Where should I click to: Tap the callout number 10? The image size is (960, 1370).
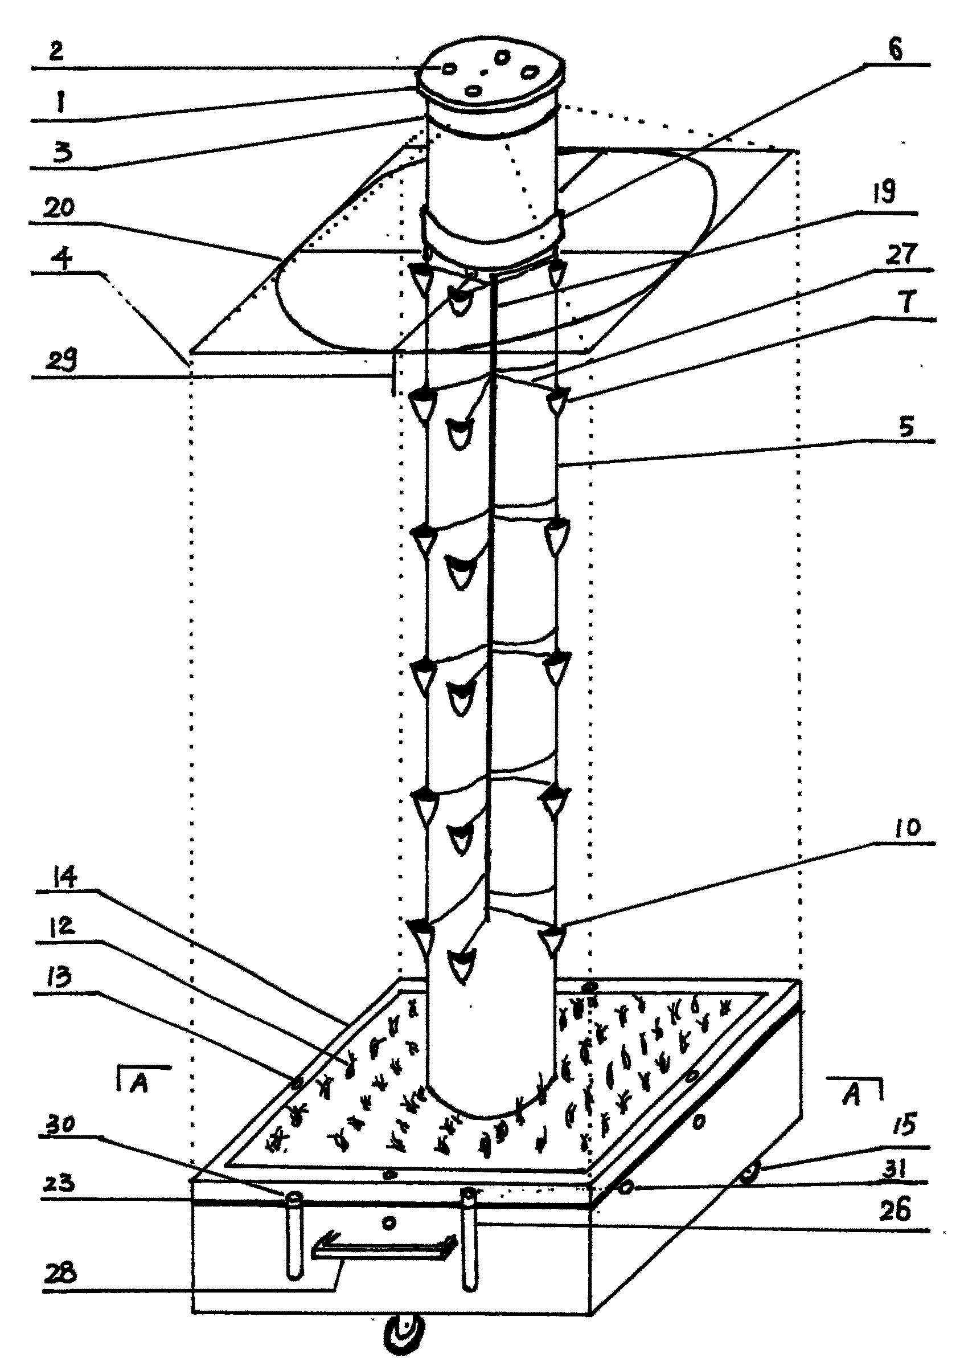pyautogui.click(x=908, y=827)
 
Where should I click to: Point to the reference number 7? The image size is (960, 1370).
pyautogui.click(x=907, y=301)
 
